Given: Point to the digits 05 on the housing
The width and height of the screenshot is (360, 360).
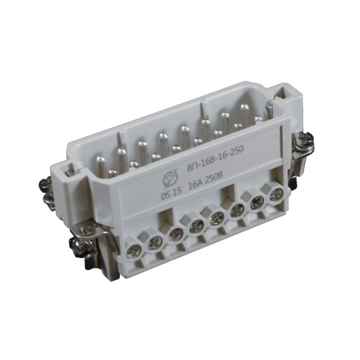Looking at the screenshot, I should [x=164, y=196].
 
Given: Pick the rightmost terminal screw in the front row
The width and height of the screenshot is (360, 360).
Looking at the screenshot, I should [x=275, y=196].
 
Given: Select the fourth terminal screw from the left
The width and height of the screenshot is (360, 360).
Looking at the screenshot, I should [x=196, y=227].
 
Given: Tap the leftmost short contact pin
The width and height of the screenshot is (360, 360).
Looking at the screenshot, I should [x=113, y=173].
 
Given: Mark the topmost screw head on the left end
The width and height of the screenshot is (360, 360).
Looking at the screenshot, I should [x=44, y=184].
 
